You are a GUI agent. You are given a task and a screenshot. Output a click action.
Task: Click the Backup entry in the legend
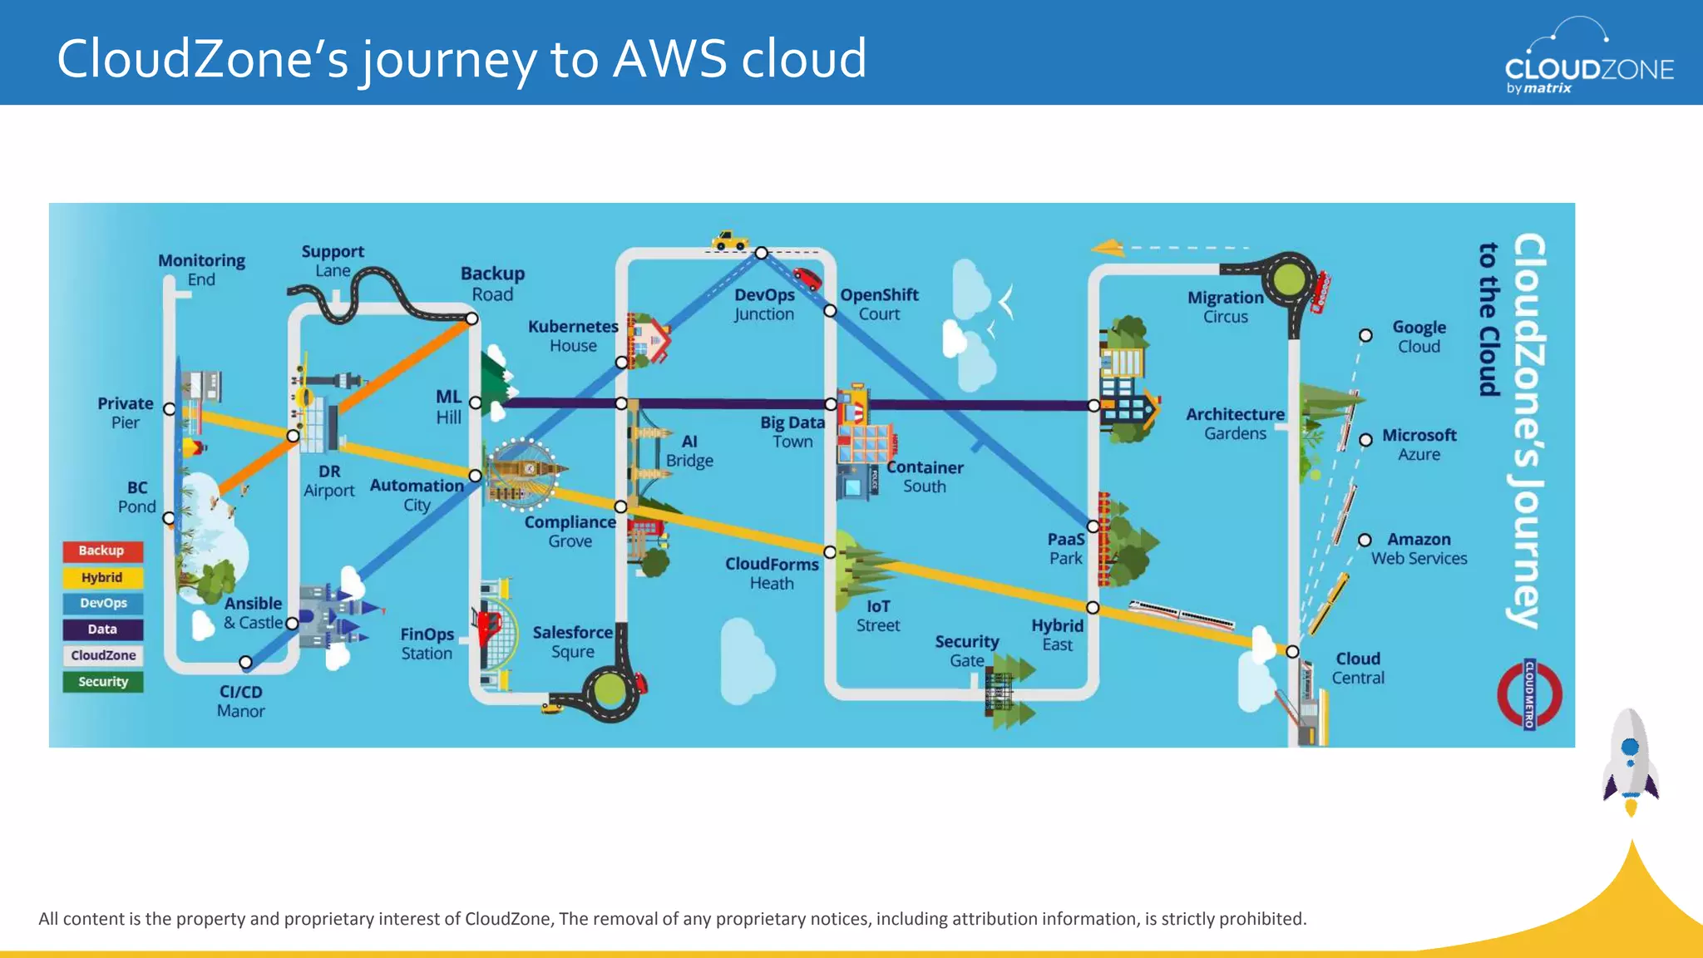(101, 551)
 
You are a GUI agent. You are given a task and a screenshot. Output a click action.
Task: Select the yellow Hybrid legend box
(101, 577)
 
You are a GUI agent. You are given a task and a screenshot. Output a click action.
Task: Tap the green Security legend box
(103, 682)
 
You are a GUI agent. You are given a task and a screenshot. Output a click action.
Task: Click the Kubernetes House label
(573, 336)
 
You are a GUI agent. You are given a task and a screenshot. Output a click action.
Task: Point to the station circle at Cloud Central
(1292, 651)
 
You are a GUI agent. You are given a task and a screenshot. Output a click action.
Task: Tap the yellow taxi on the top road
(729, 241)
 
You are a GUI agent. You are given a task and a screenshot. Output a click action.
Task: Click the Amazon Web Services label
(1419, 549)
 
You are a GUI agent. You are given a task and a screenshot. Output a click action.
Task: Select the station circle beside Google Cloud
(1365, 335)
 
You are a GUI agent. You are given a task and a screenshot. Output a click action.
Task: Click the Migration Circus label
(1225, 307)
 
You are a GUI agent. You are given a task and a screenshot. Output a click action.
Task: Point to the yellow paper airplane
(1108, 247)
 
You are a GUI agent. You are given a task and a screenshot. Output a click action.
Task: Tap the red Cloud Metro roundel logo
(1529, 694)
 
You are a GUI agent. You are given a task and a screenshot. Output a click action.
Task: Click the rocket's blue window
(1630, 747)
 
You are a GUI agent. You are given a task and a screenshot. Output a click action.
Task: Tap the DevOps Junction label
(764, 304)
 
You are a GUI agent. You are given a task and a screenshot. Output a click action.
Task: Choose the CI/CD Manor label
(240, 701)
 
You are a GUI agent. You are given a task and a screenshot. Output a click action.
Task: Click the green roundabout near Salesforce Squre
(610, 690)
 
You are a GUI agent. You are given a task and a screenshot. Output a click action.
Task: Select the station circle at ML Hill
(476, 402)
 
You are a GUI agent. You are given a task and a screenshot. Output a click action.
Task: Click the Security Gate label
(966, 650)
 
